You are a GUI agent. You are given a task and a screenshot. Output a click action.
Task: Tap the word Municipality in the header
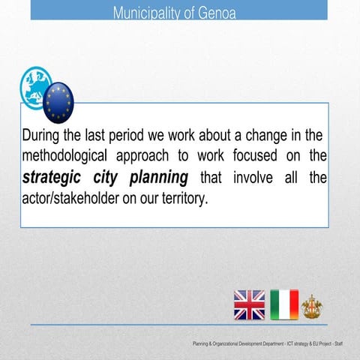point(154,12)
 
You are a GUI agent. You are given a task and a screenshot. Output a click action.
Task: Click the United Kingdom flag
point(249,304)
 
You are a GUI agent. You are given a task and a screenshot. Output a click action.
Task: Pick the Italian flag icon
point(284,304)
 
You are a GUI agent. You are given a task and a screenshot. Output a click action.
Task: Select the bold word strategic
point(56,178)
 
